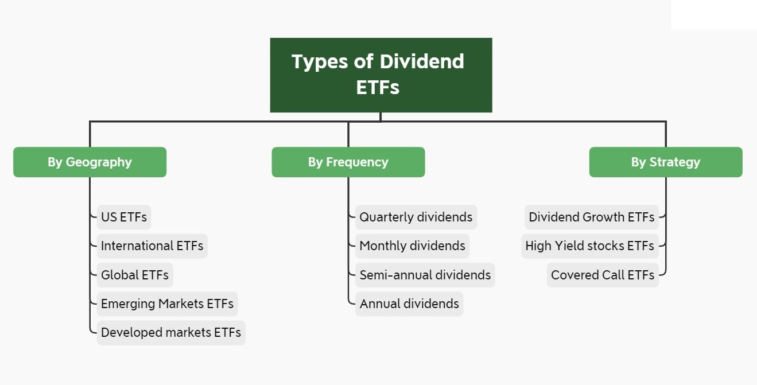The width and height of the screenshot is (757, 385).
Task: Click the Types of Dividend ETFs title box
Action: click(x=381, y=75)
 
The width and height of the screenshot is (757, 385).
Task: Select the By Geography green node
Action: click(x=90, y=162)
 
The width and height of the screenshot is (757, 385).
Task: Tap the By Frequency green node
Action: click(x=348, y=162)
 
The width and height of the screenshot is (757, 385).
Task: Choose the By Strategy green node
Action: click(x=665, y=162)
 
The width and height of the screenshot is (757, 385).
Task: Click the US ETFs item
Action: click(x=123, y=217)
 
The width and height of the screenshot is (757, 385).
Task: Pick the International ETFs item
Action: click(x=152, y=246)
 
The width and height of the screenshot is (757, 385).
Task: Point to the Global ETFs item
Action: click(x=134, y=275)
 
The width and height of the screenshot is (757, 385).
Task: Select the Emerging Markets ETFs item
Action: click(x=167, y=304)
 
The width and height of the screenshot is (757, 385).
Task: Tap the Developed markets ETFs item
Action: click(x=170, y=332)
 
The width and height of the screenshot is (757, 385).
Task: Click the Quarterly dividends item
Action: click(x=416, y=217)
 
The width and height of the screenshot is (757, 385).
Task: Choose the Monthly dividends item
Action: click(x=412, y=246)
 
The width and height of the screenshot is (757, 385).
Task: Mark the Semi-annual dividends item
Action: click(x=425, y=275)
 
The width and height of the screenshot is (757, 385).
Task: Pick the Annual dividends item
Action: click(x=409, y=304)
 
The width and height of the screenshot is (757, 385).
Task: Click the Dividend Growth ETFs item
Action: click(x=591, y=217)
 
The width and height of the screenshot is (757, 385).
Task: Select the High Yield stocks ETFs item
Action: click(x=589, y=246)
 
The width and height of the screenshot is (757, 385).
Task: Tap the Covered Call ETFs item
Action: click(x=602, y=275)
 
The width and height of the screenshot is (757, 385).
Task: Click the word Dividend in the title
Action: click(x=422, y=61)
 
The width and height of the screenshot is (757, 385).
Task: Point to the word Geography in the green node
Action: click(x=99, y=162)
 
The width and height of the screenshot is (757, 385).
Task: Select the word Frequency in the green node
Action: click(x=357, y=162)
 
